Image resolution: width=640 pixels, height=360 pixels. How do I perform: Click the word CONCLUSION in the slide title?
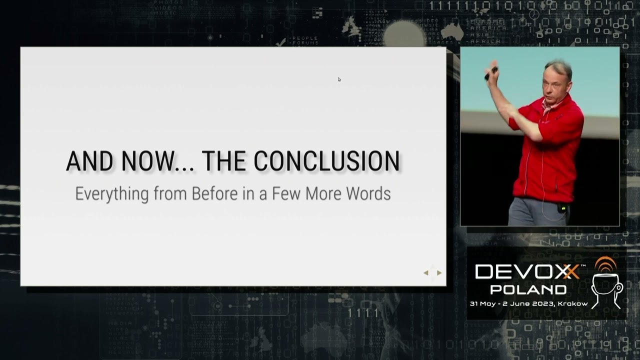tap(326, 161)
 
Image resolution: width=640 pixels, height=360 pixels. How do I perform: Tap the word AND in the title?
tap(88, 161)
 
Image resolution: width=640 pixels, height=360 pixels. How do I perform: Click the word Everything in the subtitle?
tap(111, 194)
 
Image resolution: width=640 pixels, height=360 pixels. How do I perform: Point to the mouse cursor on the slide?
tap(339, 79)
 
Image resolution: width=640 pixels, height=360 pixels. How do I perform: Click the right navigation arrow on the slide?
tap(439, 272)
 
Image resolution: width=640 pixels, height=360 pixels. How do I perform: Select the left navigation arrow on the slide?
tap(426, 272)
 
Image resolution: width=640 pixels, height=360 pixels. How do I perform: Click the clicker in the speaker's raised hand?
tap(490, 72)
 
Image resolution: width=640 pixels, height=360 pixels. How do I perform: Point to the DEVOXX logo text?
tap(527, 272)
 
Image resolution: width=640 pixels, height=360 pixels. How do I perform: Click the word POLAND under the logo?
tap(528, 289)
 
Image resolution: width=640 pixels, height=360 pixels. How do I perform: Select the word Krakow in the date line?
tap(573, 303)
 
